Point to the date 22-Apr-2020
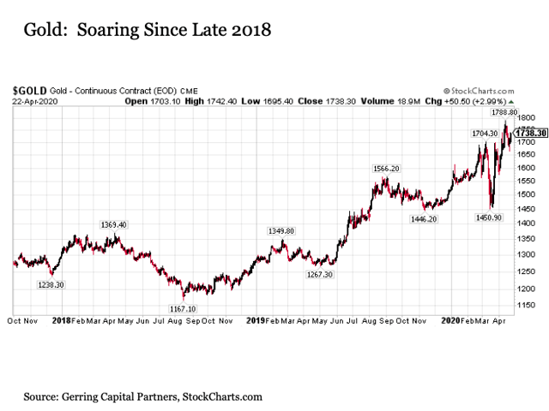pyautogui.click(x=34, y=101)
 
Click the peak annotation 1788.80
pyautogui.click(x=503, y=112)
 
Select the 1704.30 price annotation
pyautogui.click(x=485, y=134)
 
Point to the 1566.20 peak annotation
pyautogui.click(x=386, y=169)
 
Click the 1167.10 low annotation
pyautogui.click(x=182, y=308)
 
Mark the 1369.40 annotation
pyautogui.click(x=113, y=224)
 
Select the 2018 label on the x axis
pyautogui.click(x=61, y=320)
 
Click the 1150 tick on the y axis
pyautogui.click(x=526, y=305)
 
